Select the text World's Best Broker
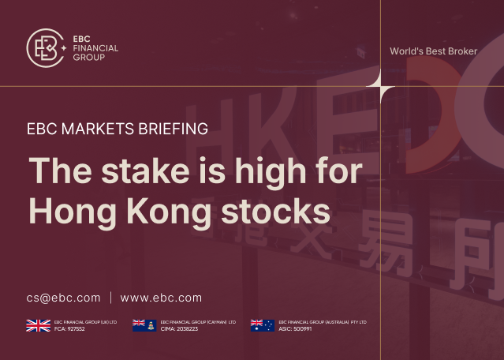pos(433,51)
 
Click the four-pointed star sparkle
pos(380,86)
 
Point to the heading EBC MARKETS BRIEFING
pos(117,129)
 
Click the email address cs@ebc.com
pos(63,298)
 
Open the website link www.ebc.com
pos(161,298)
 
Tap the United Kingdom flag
pos(39,324)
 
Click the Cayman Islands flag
pos(144,324)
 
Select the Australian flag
pos(262,324)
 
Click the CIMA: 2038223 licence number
pos(179,328)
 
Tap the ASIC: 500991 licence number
pos(297,328)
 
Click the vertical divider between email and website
pos(110,298)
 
